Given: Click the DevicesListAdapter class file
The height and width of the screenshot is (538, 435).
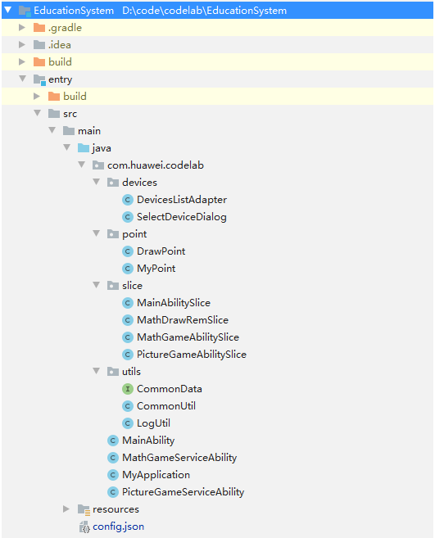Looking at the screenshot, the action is pyautogui.click(x=182, y=200).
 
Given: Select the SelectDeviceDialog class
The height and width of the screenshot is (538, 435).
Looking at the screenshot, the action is pyautogui.click(x=182, y=217).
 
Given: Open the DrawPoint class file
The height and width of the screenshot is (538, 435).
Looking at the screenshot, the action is pyautogui.click(x=161, y=251).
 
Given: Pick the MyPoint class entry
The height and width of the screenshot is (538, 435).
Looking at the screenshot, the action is pyautogui.click(x=156, y=269).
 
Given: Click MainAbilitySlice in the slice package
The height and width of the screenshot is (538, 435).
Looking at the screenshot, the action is pyautogui.click(x=174, y=303).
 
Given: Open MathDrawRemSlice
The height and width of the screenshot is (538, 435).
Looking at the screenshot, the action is pyautogui.click(x=183, y=320).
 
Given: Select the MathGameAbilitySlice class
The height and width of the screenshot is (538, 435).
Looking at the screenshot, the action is pyautogui.click(x=188, y=337).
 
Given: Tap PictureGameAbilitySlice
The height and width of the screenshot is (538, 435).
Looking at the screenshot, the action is pyautogui.click(x=192, y=354).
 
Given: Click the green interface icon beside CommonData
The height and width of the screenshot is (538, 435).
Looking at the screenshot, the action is pyautogui.click(x=127, y=389).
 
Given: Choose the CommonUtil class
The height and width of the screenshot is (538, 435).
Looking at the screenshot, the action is pyautogui.click(x=166, y=406).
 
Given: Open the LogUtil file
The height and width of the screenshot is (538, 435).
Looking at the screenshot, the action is pyautogui.click(x=153, y=423).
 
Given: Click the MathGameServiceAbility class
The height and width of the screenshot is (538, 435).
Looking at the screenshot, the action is pyautogui.click(x=179, y=458).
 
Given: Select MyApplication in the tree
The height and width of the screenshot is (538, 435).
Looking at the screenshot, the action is pyautogui.click(x=156, y=474).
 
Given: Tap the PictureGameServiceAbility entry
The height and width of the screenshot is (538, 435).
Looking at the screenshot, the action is pyautogui.click(x=184, y=491).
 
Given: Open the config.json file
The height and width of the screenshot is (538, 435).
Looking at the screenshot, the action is pyautogui.click(x=119, y=527).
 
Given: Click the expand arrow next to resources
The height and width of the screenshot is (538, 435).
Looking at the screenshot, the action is pyautogui.click(x=66, y=509).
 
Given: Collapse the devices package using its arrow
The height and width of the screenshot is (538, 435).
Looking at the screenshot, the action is pyautogui.click(x=97, y=182).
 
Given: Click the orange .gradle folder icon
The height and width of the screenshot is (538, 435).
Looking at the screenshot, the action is pyautogui.click(x=39, y=28).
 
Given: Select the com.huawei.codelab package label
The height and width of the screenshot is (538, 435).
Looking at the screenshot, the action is pyautogui.click(x=156, y=165).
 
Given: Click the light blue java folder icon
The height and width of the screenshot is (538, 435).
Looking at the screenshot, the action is pyautogui.click(x=84, y=148).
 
